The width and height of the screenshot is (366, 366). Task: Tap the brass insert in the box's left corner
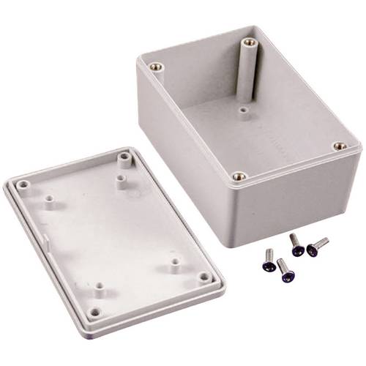pos(154,67)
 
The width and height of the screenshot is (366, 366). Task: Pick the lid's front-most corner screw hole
pos(94,312)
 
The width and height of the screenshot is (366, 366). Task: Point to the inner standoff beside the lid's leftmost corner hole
pos(50,199)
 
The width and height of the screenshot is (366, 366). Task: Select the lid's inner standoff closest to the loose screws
pos(176,261)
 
